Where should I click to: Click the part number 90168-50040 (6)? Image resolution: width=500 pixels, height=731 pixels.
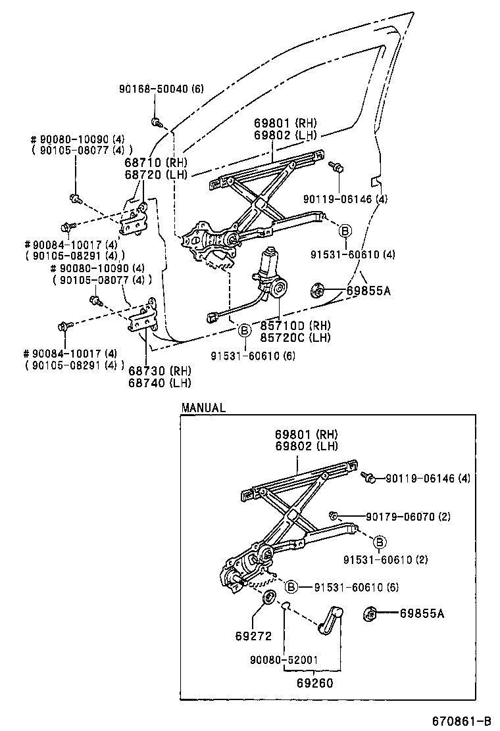point(161,89)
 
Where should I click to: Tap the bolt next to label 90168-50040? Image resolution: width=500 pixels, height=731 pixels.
point(157,122)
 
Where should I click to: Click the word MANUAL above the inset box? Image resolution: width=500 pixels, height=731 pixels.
point(203,408)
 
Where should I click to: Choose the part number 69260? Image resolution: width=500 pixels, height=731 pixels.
point(312,682)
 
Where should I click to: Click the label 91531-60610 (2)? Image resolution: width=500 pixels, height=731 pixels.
point(385,559)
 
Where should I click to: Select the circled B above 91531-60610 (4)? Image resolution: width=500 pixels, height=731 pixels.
point(345,230)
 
